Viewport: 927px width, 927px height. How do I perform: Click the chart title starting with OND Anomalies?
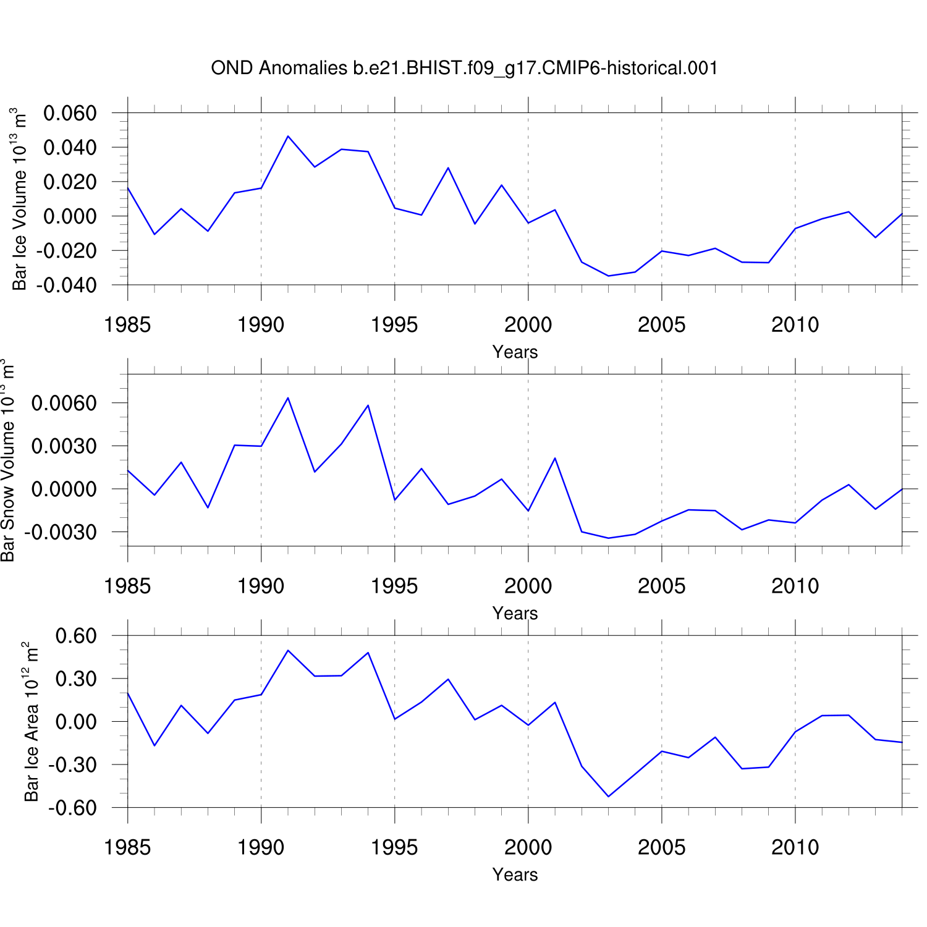(x=464, y=68)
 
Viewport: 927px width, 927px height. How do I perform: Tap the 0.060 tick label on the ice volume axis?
(x=70, y=113)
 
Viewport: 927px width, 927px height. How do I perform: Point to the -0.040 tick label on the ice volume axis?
(x=67, y=286)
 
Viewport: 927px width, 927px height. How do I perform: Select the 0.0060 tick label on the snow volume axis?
(x=64, y=404)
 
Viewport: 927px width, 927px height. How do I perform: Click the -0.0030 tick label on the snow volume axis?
(x=61, y=532)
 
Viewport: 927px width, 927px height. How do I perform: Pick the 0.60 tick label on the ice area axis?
(x=76, y=636)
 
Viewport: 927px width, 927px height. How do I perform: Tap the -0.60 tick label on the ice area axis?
(x=73, y=808)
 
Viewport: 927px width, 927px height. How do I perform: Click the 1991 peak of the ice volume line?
(x=288, y=136)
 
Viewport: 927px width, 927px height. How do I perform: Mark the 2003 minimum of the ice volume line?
(x=609, y=276)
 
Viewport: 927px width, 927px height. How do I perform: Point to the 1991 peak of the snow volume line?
(x=288, y=397)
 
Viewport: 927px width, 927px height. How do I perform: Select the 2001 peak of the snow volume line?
(x=555, y=458)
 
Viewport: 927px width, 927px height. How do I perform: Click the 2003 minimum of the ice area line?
(x=609, y=797)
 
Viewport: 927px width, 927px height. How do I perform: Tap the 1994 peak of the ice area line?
(x=368, y=653)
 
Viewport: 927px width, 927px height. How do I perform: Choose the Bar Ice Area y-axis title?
(x=31, y=722)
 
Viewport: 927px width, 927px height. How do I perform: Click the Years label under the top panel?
(x=515, y=352)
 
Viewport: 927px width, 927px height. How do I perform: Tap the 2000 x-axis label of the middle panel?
(x=528, y=586)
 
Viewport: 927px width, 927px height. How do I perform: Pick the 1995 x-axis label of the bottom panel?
(x=394, y=847)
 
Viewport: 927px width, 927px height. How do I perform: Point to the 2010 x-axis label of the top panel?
(x=795, y=325)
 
